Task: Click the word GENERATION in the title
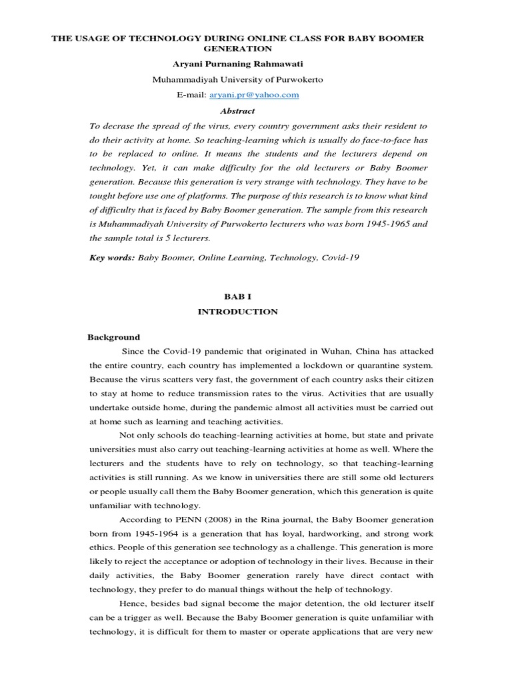point(238,49)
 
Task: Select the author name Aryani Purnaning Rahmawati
point(238,64)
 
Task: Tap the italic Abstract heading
point(237,111)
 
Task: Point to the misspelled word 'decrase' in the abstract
point(117,126)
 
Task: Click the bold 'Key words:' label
point(111,257)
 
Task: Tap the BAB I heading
point(237,296)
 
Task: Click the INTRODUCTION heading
point(237,312)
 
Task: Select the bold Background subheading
point(114,337)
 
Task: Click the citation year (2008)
point(218,519)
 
